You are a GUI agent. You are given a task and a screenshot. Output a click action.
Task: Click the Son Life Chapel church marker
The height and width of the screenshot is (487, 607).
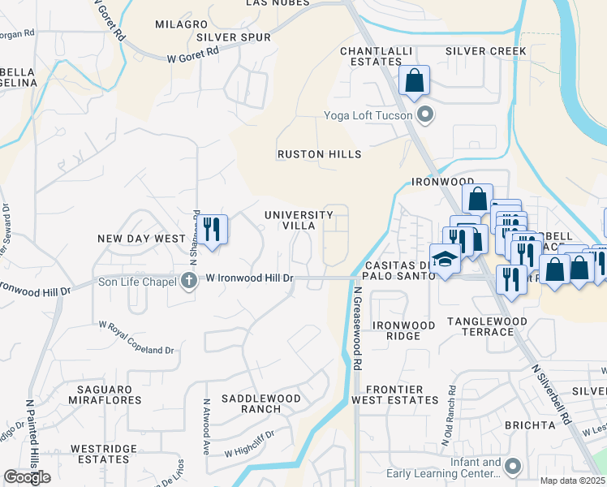[x=189, y=280]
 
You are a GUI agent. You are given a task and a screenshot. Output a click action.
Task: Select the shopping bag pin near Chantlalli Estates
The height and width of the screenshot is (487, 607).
[x=414, y=81]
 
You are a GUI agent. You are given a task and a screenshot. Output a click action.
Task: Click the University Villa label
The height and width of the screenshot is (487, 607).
[x=299, y=220]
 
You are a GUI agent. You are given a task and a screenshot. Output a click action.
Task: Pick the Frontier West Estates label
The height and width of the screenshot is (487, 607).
[x=394, y=394]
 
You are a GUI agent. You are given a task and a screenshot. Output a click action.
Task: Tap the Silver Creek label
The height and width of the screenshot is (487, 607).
[x=486, y=51]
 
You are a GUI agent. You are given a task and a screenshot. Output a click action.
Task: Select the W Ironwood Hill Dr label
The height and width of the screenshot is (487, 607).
[x=248, y=278]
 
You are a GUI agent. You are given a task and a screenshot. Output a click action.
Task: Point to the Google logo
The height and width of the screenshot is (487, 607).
[x=27, y=477]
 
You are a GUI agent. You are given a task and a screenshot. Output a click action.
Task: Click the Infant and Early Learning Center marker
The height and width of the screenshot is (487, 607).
[x=512, y=467]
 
